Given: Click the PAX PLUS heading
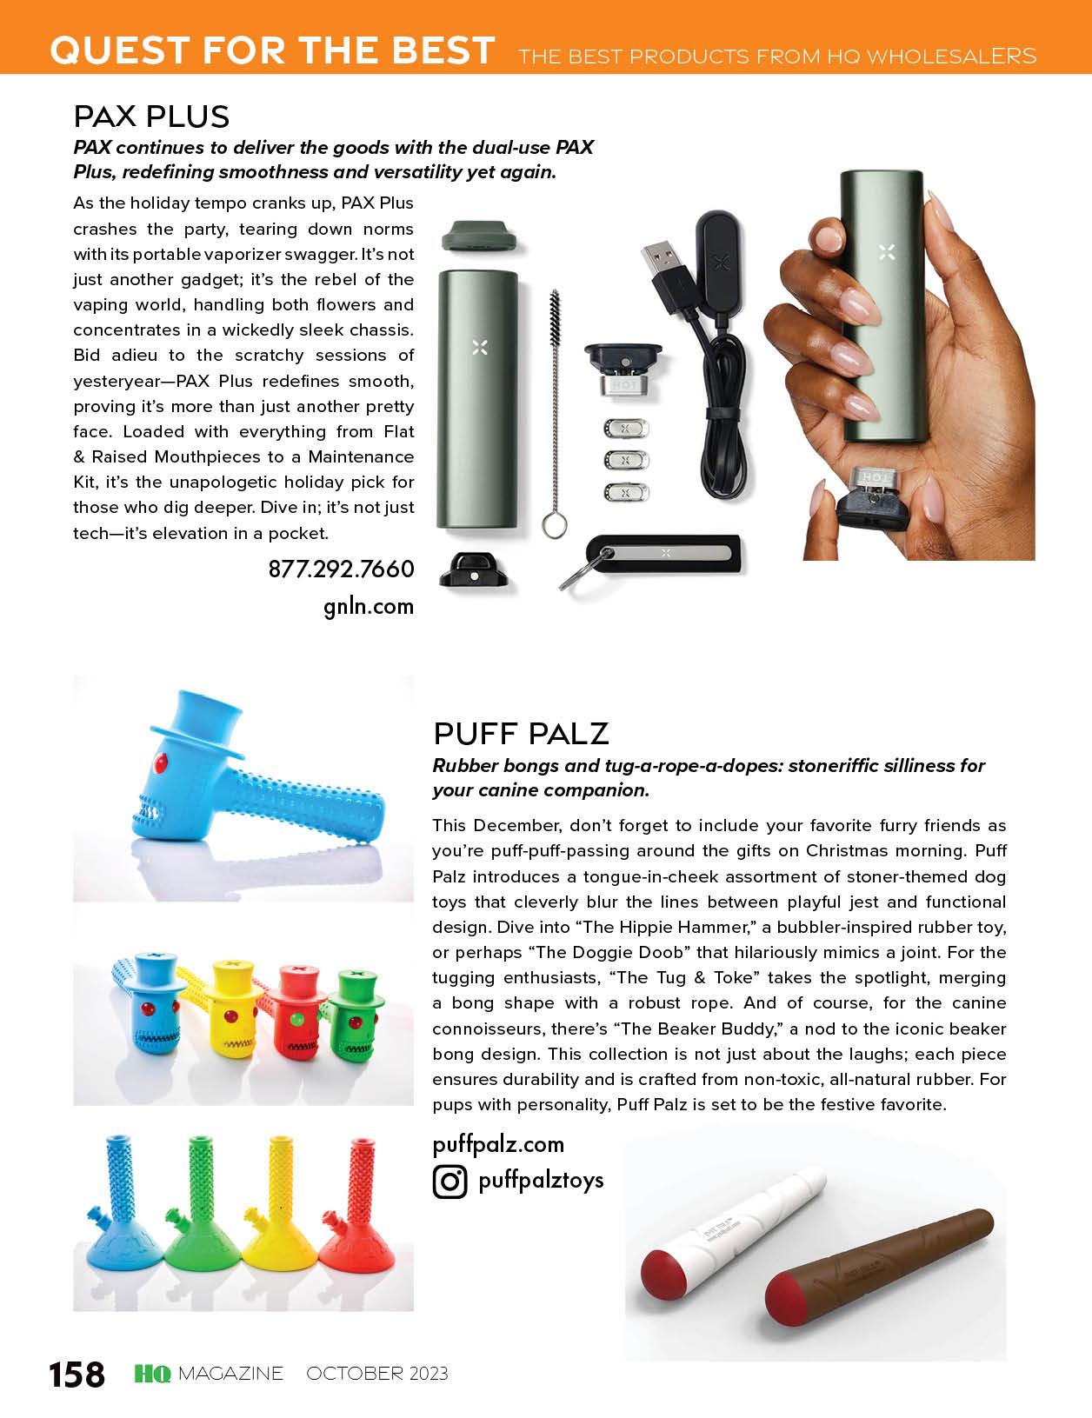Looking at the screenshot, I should pyautogui.click(x=151, y=117).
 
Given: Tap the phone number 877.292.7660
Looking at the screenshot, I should pyautogui.click(x=341, y=569).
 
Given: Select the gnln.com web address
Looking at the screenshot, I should pyautogui.click(x=369, y=607).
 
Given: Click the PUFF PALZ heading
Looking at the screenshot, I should pyautogui.click(x=521, y=734).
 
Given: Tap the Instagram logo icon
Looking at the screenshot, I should pyautogui.click(x=450, y=1182).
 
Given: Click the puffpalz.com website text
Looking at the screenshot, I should pyautogui.click(x=498, y=1144).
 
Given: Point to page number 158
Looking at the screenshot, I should pyautogui.click(x=77, y=1375).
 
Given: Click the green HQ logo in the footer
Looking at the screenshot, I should pyautogui.click(x=153, y=1374).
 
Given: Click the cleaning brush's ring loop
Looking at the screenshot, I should pyautogui.click(x=555, y=525).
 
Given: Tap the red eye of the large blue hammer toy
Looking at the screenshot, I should pyautogui.click(x=160, y=764).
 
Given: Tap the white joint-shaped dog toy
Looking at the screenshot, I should pyautogui.click(x=730, y=1230).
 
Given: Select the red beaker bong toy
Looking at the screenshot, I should pyautogui.click(x=356, y=1217).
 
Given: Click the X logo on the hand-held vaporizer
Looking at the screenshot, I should pyautogui.click(x=886, y=253).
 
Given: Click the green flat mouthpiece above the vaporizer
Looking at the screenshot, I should pyautogui.click(x=480, y=235).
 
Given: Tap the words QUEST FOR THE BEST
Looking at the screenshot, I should pyautogui.click(x=272, y=50).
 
